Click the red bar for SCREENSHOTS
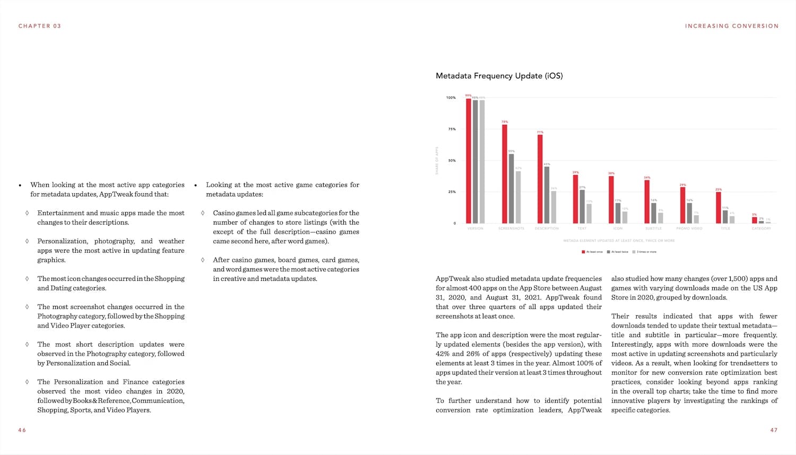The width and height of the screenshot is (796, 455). (x=505, y=174)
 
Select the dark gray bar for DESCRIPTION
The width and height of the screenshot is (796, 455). (x=547, y=195)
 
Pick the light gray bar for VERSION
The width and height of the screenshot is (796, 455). (x=482, y=161)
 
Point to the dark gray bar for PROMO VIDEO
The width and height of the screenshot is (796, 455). (x=689, y=213)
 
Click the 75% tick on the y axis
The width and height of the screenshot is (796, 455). (x=452, y=129)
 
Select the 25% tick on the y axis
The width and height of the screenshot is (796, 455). (x=452, y=192)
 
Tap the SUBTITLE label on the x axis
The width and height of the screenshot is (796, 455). (x=653, y=228)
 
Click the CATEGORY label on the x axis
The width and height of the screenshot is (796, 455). (x=761, y=228)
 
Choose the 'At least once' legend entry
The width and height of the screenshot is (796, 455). (x=592, y=252)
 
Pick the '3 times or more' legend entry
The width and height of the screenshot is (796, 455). (x=644, y=252)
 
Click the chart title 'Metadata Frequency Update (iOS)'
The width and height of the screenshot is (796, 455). (x=499, y=76)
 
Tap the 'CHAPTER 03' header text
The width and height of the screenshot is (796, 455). (x=40, y=26)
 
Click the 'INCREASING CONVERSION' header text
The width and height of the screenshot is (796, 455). (x=731, y=26)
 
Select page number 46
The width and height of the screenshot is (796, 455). (x=22, y=430)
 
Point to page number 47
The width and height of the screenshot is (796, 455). (x=774, y=430)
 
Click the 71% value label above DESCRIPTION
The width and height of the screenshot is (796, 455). (x=540, y=132)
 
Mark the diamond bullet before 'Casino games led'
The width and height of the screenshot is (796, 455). (x=203, y=213)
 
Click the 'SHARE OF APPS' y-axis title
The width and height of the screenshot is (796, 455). (x=437, y=160)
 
